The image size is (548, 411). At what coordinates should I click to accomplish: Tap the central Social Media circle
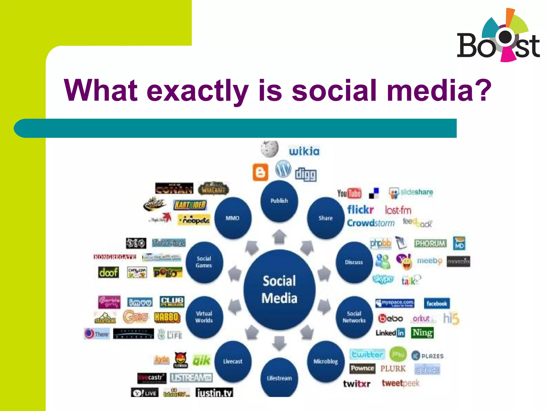coord(279,290)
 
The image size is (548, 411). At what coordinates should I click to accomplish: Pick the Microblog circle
coord(326,361)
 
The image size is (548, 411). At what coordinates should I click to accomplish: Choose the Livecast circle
coord(233,361)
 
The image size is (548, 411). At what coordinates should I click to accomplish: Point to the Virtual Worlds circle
coord(204,317)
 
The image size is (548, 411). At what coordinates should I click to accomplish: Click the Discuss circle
coord(354,262)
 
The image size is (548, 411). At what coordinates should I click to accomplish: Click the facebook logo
coord(437,303)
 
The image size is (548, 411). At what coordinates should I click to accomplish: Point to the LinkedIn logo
coord(390,333)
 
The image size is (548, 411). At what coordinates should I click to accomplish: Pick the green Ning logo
coord(422,333)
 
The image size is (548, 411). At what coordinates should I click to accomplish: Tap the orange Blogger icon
coord(260,172)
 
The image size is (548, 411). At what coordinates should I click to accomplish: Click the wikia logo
coord(304,151)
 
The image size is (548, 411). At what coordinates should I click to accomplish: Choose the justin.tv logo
coord(214,393)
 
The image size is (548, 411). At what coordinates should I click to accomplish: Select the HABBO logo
coord(167,317)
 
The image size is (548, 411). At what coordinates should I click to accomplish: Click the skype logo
coord(383,279)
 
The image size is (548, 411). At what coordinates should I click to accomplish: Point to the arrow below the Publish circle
coord(279,237)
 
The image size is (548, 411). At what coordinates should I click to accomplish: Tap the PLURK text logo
coord(393,369)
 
